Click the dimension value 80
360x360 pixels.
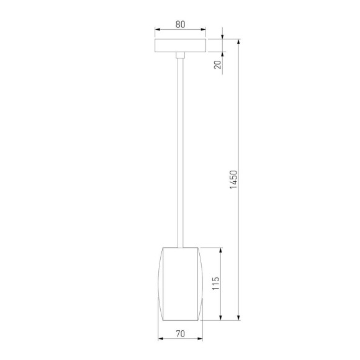pyautogui.click(x=180, y=25)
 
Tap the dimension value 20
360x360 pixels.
pyautogui.click(x=218, y=64)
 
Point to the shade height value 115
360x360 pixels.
pyautogui.click(x=215, y=284)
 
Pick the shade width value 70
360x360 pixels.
pyautogui.click(x=180, y=334)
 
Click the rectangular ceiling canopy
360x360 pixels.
pyautogui.click(x=180, y=47)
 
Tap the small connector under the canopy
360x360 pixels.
pyautogui.click(x=180, y=56)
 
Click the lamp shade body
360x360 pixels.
pyautogui.click(x=180, y=282)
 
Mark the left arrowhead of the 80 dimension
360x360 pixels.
pyautogui.click(x=157, y=29)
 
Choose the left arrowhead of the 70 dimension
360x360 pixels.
pyautogui.click(x=161, y=339)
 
